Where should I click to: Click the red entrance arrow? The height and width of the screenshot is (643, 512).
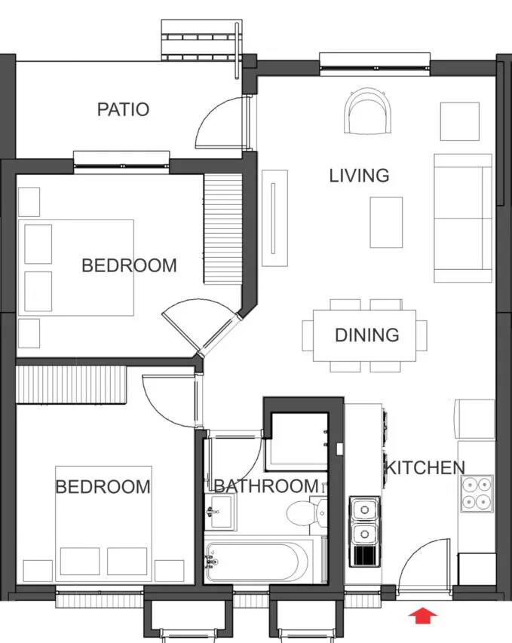[423, 616]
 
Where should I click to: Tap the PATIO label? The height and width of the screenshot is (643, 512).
[123, 109]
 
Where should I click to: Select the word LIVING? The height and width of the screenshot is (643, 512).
[359, 176]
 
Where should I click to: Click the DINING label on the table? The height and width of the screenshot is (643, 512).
[366, 335]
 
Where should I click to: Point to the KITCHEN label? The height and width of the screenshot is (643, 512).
[425, 468]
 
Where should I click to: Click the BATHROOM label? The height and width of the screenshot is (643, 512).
[266, 486]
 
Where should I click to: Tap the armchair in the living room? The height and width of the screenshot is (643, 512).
[368, 111]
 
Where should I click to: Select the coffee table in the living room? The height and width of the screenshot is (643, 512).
[386, 222]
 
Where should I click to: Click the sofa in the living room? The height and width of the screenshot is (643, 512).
[463, 218]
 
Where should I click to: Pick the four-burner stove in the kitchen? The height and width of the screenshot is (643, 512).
[477, 494]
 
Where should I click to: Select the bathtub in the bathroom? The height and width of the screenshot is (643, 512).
[260, 561]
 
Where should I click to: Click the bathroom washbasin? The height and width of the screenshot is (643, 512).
[220, 512]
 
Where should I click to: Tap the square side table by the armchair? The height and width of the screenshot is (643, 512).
[459, 121]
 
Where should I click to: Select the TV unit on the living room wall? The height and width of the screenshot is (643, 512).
[274, 218]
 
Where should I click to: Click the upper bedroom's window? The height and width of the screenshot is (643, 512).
[121, 162]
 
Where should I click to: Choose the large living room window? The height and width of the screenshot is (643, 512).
[375, 65]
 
